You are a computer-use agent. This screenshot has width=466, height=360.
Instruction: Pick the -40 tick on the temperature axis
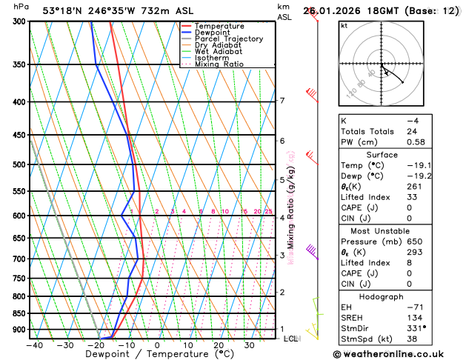(33, 345)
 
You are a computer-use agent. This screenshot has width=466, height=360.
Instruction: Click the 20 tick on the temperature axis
(219, 345)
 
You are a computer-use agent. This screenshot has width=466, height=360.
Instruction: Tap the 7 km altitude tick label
(282, 101)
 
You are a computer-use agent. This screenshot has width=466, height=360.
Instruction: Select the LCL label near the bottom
(290, 339)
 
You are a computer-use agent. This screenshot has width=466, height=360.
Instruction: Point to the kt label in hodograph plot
(344, 25)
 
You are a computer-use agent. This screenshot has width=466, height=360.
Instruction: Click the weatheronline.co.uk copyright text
(399, 353)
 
